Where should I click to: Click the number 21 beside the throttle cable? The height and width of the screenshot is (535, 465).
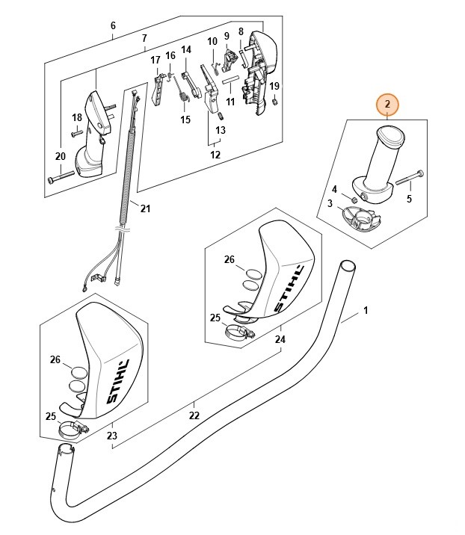tap(145, 208)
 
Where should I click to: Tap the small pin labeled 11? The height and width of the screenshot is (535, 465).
tap(231, 78)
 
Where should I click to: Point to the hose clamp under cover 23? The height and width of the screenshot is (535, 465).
tap(74, 430)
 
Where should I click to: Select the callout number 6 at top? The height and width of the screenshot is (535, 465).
tap(113, 25)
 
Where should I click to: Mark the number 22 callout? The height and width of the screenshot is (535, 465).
tap(194, 415)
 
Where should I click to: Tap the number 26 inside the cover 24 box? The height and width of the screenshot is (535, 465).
tap(230, 260)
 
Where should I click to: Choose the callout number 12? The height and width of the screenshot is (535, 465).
tap(215, 155)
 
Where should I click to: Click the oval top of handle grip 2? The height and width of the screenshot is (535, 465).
tap(388, 137)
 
